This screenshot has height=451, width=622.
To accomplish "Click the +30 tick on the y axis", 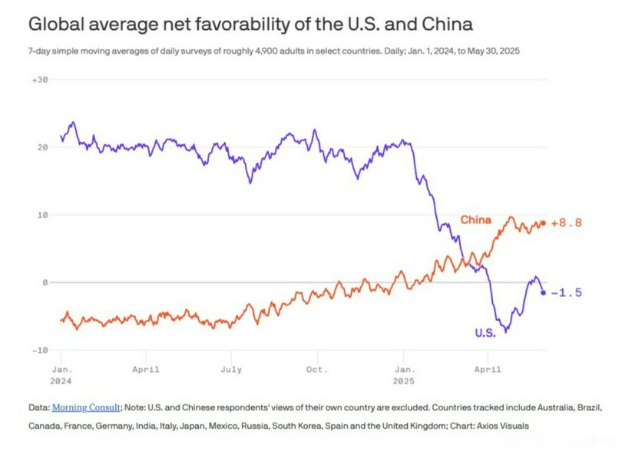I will (x=38, y=80).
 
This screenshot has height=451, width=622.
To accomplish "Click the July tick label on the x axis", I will (x=230, y=369).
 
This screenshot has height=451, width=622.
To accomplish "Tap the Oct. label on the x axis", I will (x=316, y=369).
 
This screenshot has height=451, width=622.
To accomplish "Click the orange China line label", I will (x=475, y=220).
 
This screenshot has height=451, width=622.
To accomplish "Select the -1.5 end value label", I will (x=567, y=292).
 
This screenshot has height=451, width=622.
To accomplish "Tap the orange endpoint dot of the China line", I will (x=544, y=223).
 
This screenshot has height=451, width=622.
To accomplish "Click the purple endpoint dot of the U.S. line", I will (x=544, y=292).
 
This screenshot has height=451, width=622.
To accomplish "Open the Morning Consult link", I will (x=86, y=407).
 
